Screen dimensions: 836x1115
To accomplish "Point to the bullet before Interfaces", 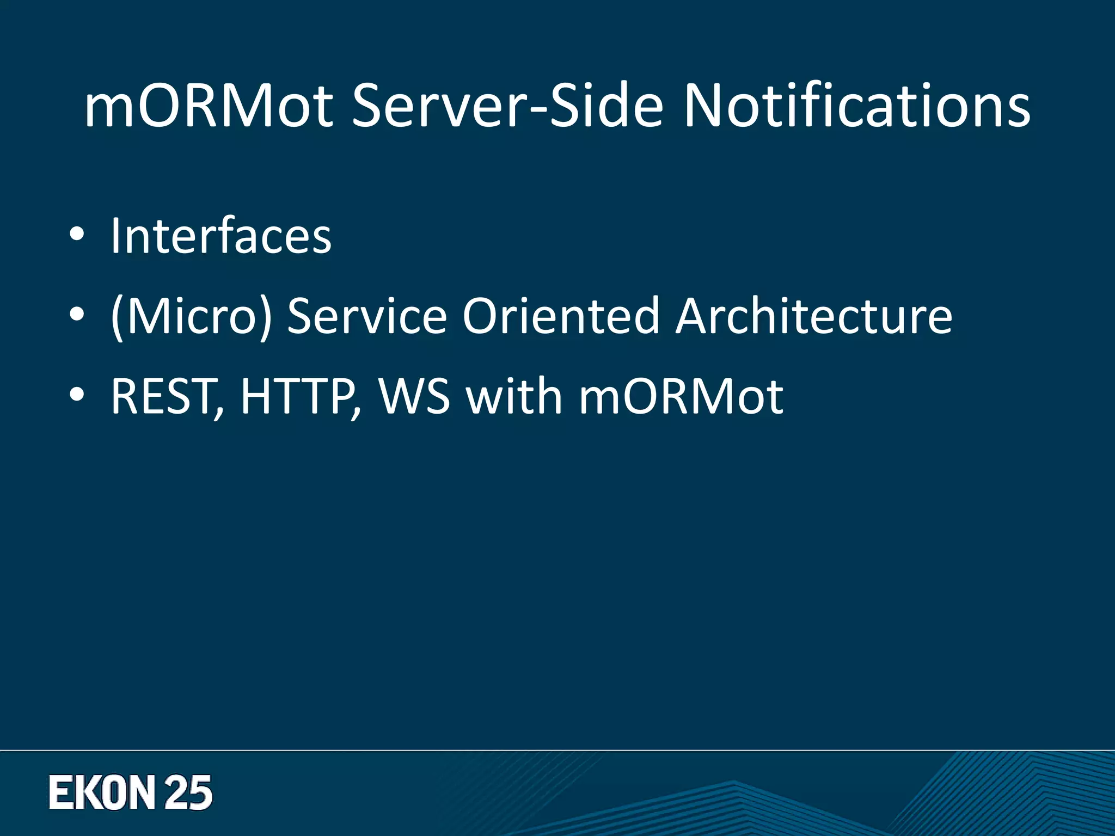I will (77, 235).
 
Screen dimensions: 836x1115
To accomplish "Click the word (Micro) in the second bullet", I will (190, 316).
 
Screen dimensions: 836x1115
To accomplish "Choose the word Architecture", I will (814, 316).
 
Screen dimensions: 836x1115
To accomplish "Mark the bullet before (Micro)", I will (77, 315).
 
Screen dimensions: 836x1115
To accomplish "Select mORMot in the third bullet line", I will (681, 396).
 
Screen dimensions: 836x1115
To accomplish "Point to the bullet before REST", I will (77, 395).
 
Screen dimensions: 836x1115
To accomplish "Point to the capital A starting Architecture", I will (694, 316).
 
